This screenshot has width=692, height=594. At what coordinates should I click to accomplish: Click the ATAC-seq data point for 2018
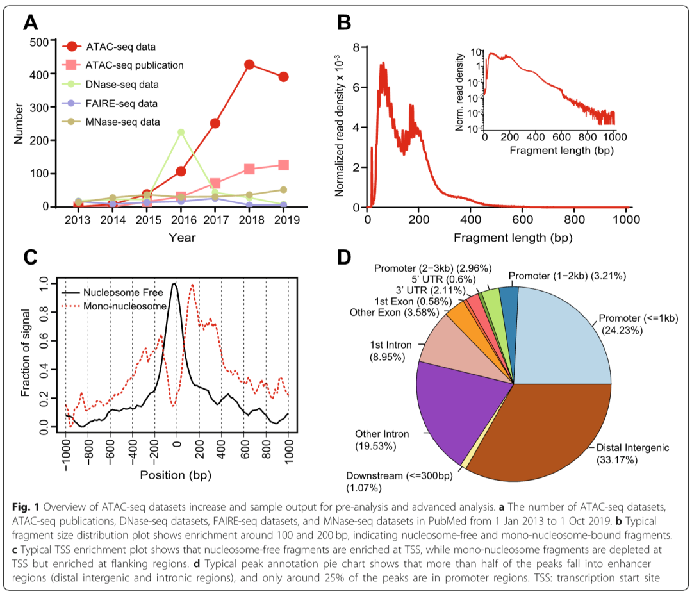click(249, 65)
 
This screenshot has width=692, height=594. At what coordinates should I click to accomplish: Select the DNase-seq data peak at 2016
click(181, 133)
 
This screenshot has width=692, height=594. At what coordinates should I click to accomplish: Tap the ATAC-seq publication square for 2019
click(283, 165)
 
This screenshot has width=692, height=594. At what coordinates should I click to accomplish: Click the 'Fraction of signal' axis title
click(26, 356)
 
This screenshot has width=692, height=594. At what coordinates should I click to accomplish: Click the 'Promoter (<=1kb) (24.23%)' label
click(630, 324)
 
